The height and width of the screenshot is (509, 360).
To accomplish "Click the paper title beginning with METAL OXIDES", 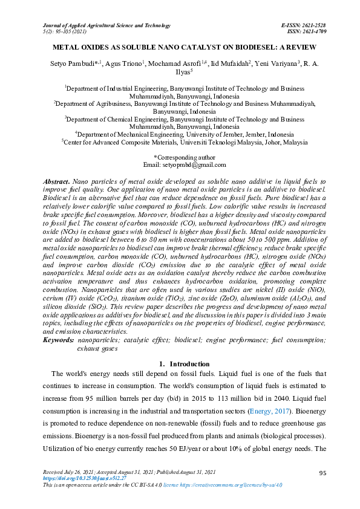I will [180, 47].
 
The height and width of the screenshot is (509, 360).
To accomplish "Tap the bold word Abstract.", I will [56, 181].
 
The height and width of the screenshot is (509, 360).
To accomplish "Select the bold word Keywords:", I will [59, 341].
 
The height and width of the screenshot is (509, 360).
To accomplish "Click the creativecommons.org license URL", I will [232, 485].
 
